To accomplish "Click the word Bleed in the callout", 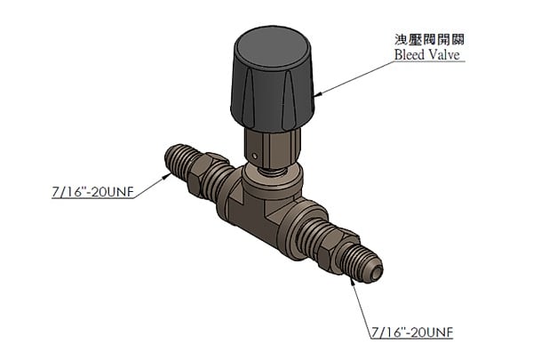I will [410, 55].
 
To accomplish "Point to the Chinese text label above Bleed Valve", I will [430, 40].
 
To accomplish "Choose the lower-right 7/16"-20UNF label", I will [410, 333].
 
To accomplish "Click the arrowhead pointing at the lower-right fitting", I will [353, 282].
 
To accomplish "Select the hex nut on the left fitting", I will [210, 172].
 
